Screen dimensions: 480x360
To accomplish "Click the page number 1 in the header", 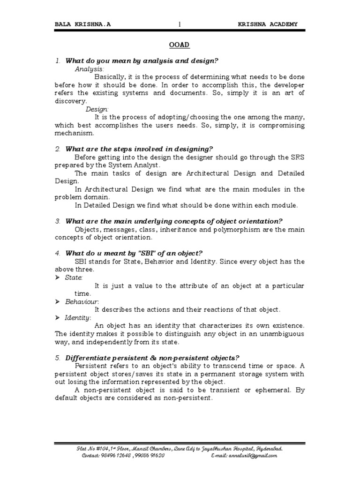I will tap(179, 24).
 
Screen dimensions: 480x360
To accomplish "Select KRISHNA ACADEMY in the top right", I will tap(267, 24).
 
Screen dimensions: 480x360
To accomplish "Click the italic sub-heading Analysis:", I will tap(90, 69).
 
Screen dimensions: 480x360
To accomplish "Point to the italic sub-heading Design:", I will tap(97, 109).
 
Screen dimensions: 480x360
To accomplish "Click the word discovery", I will tap(70, 101).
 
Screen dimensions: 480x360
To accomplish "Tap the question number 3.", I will tap(58, 221).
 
